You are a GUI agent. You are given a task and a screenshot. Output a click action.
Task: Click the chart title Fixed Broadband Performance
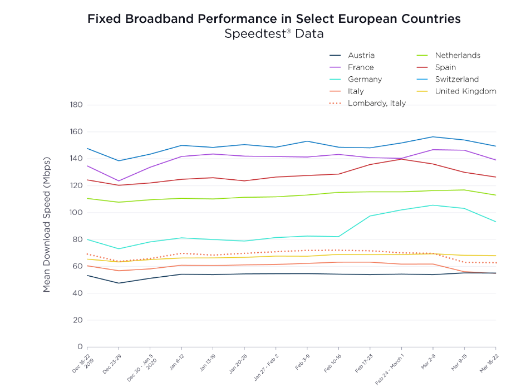tap(274, 18)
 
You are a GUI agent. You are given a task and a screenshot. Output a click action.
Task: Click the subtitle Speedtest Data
tap(274, 34)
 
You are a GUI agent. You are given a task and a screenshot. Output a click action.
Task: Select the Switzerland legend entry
tap(456, 79)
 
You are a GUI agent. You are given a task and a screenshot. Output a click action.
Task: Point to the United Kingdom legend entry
tap(465, 91)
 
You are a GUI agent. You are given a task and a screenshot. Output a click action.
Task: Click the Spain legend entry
tap(445, 67)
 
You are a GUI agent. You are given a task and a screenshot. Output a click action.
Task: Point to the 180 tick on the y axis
tap(76, 105)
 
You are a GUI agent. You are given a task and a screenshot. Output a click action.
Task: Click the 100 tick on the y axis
tap(76, 213)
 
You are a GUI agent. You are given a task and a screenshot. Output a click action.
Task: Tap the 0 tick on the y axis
tap(80, 347)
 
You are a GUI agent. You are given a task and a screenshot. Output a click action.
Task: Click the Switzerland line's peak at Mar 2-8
tap(433, 137)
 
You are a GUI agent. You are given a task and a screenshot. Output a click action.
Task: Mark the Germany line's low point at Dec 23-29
tap(119, 249)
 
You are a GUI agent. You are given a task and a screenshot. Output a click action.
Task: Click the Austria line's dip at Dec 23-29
tap(119, 283)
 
